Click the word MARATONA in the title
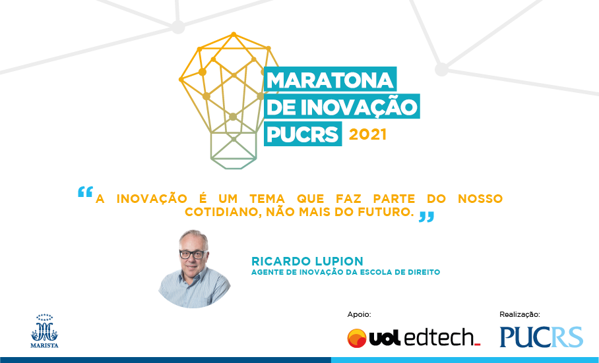(330, 80)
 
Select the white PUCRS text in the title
(303, 134)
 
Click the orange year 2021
(367, 134)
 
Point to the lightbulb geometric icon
(229, 101)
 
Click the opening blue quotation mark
(85, 192)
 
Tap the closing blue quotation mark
(426, 217)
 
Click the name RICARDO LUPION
(307, 261)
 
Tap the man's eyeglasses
(193, 254)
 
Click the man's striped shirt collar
(191, 277)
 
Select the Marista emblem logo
(44, 331)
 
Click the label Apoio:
(359, 314)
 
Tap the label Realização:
(520, 314)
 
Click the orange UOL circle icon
(357, 338)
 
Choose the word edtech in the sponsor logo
(439, 338)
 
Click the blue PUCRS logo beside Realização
(542, 337)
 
